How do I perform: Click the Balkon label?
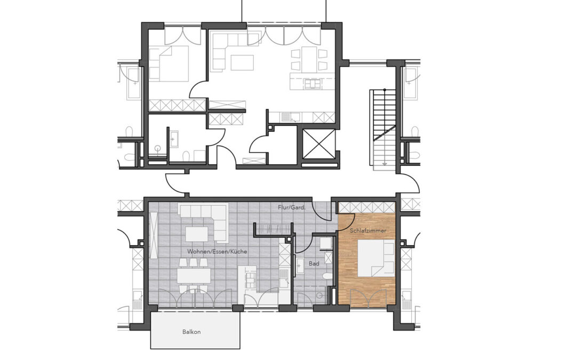[x=191, y=332]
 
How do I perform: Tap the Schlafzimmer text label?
[x=367, y=231]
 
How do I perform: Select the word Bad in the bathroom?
[x=314, y=263]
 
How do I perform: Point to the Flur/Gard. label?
[x=292, y=207]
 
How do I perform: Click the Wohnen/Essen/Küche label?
[x=217, y=252]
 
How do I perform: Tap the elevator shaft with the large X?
[x=318, y=143]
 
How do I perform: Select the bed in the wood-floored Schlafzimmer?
[x=376, y=258]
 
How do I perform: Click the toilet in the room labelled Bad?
[x=326, y=276]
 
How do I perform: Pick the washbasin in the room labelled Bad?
[x=300, y=265]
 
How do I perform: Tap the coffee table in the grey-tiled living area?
[x=196, y=234]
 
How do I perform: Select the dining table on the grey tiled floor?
[x=194, y=275]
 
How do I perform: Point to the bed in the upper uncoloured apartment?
[x=169, y=63]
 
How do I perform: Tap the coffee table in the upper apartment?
[x=242, y=62]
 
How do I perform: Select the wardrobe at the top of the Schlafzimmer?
[x=366, y=207]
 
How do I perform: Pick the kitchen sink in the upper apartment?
[x=291, y=117]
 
